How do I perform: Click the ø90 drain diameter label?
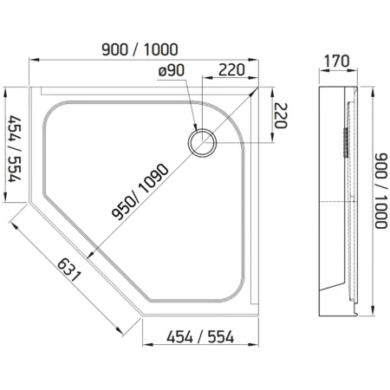click(x=172, y=70)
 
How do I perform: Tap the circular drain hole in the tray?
click(x=202, y=143)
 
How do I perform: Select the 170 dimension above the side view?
click(x=336, y=62)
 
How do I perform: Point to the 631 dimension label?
click(x=68, y=270)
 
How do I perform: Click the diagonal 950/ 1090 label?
click(x=140, y=192)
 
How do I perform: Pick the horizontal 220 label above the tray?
click(x=231, y=69)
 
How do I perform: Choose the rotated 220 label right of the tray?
click(x=281, y=115)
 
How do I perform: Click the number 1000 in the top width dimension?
click(x=160, y=49)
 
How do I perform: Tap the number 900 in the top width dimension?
click(x=115, y=49)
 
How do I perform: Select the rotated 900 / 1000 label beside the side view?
click(x=380, y=191)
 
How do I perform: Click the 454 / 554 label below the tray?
click(x=200, y=336)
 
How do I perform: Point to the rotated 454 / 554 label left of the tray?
click(x=15, y=149)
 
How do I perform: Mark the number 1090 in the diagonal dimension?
click(x=153, y=179)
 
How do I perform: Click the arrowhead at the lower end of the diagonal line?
click(x=90, y=254)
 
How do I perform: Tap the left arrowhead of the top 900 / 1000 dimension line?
click(x=34, y=60)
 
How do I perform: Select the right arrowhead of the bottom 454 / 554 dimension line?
click(x=254, y=344)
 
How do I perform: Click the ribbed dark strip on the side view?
click(x=345, y=142)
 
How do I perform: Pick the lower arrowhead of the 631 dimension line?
click(x=119, y=330)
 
